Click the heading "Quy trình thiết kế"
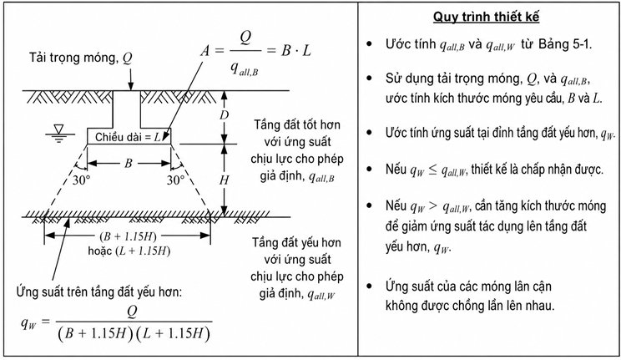(x=486, y=17)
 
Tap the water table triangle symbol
(x=59, y=129)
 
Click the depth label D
(x=225, y=115)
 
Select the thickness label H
(x=225, y=180)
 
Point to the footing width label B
(x=129, y=163)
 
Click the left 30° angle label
(x=81, y=180)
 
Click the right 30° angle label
(x=175, y=180)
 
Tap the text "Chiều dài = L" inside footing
(x=128, y=137)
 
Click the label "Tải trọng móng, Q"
(x=81, y=58)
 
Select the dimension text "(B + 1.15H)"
(x=128, y=236)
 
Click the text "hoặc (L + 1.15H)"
(x=129, y=251)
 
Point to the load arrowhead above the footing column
(x=131, y=87)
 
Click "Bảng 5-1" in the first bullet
(x=564, y=44)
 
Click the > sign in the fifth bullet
(x=433, y=206)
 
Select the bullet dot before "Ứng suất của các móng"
(x=370, y=286)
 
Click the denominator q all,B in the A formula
(x=244, y=69)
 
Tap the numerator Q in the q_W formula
(x=132, y=312)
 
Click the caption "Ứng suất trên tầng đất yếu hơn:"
(x=99, y=292)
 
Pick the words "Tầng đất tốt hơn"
(x=297, y=125)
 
